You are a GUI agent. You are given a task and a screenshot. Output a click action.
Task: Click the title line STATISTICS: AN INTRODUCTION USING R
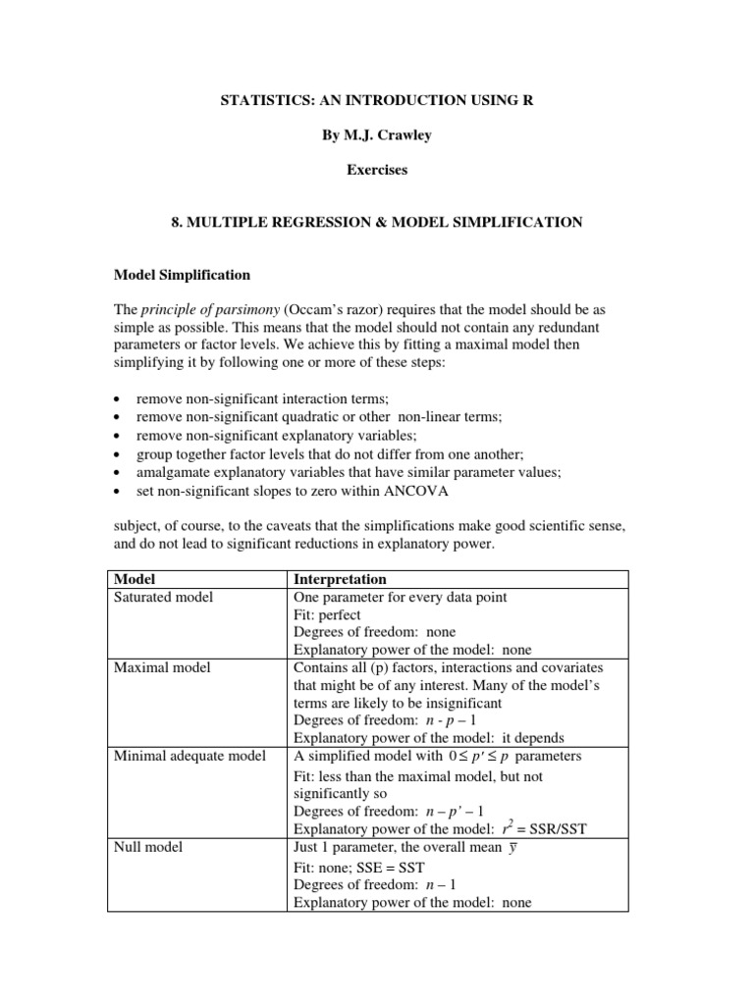[377, 101]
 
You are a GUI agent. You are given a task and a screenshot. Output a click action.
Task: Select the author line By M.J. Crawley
[377, 135]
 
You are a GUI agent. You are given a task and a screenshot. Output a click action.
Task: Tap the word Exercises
[377, 170]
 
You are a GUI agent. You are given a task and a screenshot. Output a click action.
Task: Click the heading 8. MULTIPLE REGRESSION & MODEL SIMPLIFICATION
[377, 223]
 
